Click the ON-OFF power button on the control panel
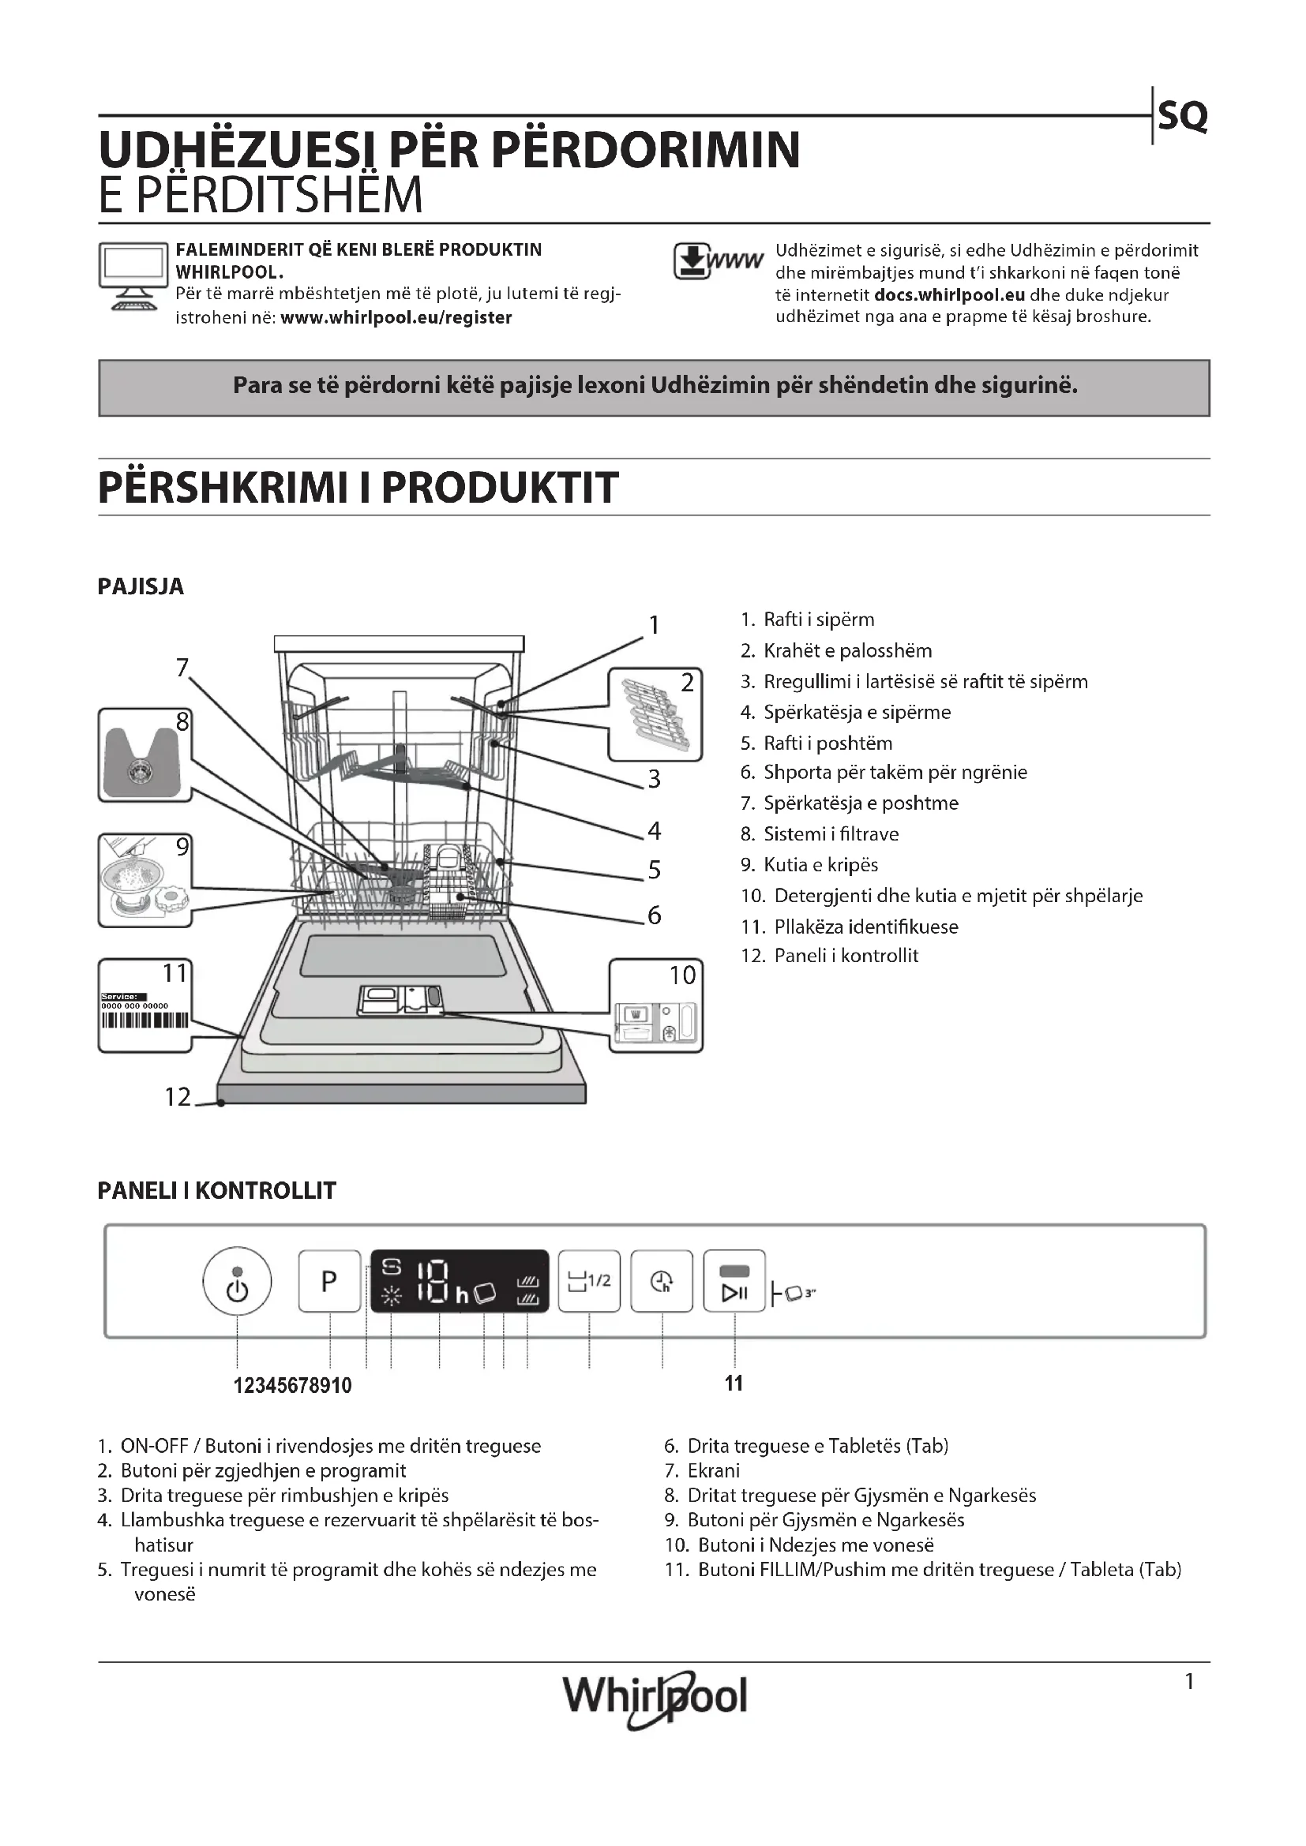(236, 1281)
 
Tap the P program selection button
(329, 1281)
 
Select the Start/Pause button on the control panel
(734, 1281)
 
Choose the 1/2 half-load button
(589, 1281)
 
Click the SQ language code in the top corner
(1182, 118)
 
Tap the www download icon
(717, 261)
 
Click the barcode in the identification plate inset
(144, 1020)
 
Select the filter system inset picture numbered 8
(144, 756)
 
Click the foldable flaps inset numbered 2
(655, 714)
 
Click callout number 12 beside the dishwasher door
(178, 1097)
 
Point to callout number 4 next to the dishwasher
(655, 830)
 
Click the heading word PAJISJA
(141, 587)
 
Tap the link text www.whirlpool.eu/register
(396, 317)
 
